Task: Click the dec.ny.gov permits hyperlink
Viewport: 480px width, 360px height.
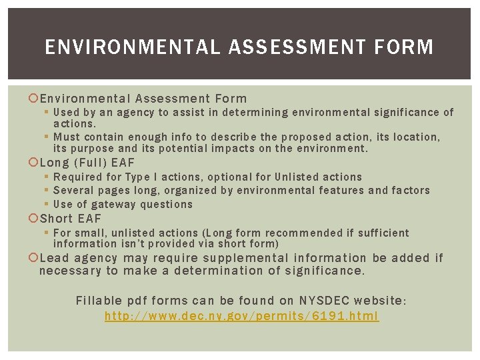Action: click(241, 316)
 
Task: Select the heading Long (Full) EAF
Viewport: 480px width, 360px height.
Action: click(87, 163)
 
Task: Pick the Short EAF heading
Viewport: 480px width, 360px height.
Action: click(71, 219)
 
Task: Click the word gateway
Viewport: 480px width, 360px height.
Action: click(117, 205)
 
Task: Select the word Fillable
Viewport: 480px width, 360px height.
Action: click(98, 301)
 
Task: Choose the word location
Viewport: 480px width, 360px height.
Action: click(417, 137)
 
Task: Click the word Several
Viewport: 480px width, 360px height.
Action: click(75, 191)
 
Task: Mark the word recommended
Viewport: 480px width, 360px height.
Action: click(309, 233)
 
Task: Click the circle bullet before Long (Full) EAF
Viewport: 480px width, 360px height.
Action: click(34, 163)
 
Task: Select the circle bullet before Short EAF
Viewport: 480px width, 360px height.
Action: click(34, 219)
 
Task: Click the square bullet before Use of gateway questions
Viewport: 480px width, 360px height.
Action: click(46, 205)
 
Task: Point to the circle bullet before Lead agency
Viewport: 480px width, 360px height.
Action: click(34, 258)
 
